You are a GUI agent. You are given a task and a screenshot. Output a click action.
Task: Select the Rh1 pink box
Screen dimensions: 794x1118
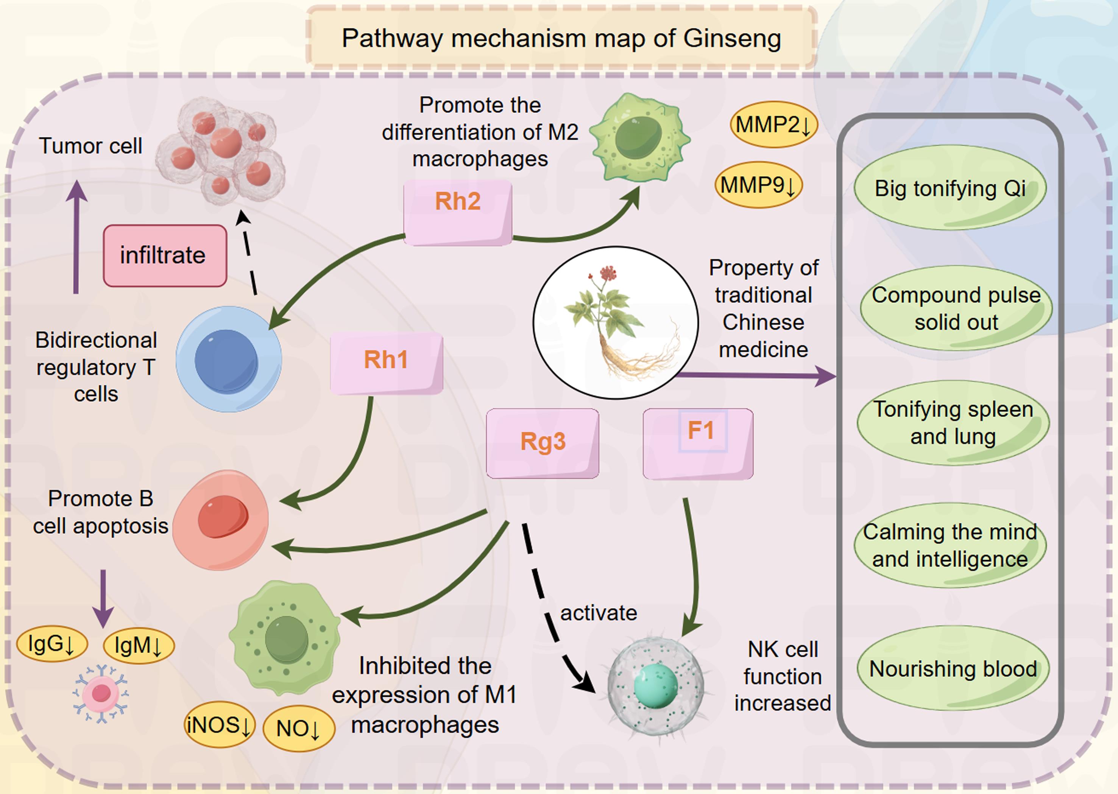pyautogui.click(x=387, y=363)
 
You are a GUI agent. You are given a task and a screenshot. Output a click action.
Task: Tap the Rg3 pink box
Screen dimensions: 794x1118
pyautogui.click(x=543, y=443)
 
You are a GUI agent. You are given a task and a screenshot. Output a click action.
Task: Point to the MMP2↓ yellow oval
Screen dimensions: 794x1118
pyautogui.click(x=773, y=125)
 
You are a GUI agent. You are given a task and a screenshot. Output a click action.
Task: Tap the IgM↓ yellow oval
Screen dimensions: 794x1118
pyautogui.click(x=139, y=645)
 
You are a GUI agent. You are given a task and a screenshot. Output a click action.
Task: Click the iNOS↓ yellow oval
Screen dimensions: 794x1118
pyautogui.click(x=220, y=725)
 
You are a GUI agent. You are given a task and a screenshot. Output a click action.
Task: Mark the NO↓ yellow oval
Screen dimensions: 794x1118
pyautogui.click(x=299, y=729)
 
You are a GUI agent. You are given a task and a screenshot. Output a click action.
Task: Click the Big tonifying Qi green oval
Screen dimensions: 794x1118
pyautogui.click(x=950, y=188)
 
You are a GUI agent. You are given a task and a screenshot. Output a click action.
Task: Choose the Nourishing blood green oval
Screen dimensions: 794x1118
pyautogui.click(x=953, y=668)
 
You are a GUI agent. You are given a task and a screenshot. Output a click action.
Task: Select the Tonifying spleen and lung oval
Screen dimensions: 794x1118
pyautogui.click(x=953, y=423)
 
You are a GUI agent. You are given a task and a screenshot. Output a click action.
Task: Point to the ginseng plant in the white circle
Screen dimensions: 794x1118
pyautogui.click(x=616, y=323)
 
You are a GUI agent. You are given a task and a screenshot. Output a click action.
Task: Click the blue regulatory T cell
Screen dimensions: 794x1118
pyautogui.click(x=228, y=360)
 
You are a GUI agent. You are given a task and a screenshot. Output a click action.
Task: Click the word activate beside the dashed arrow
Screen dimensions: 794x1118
pyautogui.click(x=598, y=613)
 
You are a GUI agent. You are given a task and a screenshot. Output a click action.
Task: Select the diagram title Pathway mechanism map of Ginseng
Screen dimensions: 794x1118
pyautogui.click(x=561, y=38)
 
